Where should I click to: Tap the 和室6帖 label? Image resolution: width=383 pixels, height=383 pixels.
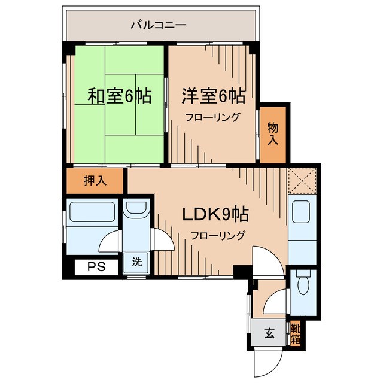[x=119, y=96]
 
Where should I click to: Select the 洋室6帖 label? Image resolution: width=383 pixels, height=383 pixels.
[x=213, y=96]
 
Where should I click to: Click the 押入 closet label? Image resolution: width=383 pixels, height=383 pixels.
[x=95, y=181]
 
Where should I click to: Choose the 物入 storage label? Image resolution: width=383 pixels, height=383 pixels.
[x=273, y=134]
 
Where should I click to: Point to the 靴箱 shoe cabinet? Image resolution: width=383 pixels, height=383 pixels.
[x=295, y=333]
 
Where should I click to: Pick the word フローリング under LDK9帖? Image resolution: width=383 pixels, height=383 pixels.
[x=218, y=235]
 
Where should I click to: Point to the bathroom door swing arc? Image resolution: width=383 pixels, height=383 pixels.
[x=110, y=242]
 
